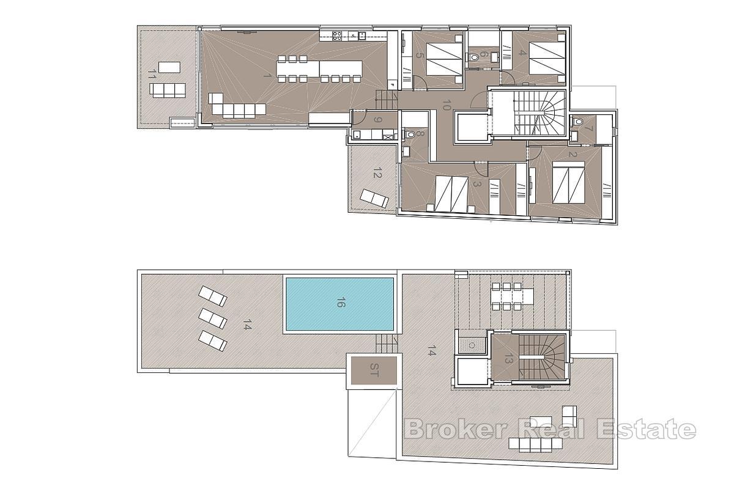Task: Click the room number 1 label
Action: (267, 75)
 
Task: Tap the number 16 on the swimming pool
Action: (340, 303)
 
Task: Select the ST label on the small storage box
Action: (374, 370)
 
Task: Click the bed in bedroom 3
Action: (451, 194)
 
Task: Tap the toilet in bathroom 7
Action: (577, 122)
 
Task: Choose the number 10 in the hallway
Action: (447, 105)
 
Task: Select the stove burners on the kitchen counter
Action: (336, 35)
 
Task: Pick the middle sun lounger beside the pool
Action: (213, 318)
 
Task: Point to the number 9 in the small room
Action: (377, 119)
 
